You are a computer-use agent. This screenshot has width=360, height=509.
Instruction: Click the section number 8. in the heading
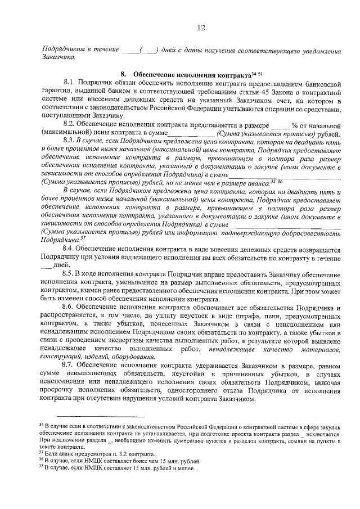pos(124,75)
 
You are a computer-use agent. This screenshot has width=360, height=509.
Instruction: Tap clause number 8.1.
pos(70,83)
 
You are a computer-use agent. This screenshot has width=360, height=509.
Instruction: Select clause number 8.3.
pos(70,140)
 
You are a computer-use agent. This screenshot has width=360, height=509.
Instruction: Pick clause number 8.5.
pos(70,273)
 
